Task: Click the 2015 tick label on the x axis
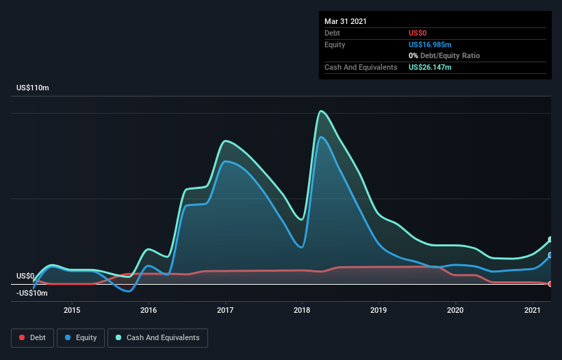[x=72, y=310]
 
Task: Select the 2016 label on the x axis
[x=149, y=310]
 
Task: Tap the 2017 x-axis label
[x=225, y=310]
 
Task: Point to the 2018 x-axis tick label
[x=302, y=310]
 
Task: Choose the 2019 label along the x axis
[x=379, y=310]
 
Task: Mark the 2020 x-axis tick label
[x=456, y=310]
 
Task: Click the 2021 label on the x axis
[x=533, y=310]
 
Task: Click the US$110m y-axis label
[x=33, y=88]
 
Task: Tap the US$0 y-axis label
[x=26, y=277]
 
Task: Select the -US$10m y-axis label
[x=32, y=293]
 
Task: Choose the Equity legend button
[x=81, y=337]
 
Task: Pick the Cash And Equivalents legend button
[x=157, y=337]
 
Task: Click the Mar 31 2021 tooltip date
[x=346, y=21]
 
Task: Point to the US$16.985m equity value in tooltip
[x=430, y=44]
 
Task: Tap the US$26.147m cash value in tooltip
[x=430, y=67]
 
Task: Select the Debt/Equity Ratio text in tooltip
[x=452, y=55]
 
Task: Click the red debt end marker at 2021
[x=550, y=284]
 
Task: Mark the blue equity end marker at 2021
[x=550, y=255]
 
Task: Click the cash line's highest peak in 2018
[x=320, y=111]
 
